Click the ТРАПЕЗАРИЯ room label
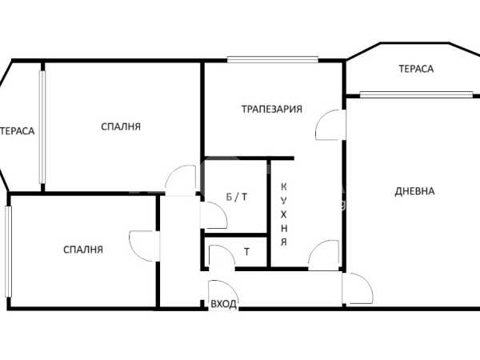pyautogui.click(x=272, y=109)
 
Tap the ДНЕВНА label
pyautogui.click(x=414, y=191)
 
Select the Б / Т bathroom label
pyautogui.click(x=237, y=197)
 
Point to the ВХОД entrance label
pyautogui.click(x=223, y=304)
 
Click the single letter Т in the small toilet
pyautogui.click(x=246, y=252)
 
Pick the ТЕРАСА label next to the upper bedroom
pyautogui.click(x=17, y=131)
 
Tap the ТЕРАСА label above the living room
pyautogui.click(x=416, y=69)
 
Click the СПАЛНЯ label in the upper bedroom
pyautogui.click(x=121, y=126)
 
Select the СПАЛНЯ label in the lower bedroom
pyautogui.click(x=83, y=250)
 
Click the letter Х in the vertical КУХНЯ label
pyautogui.click(x=284, y=214)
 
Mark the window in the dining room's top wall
pyautogui.click(x=273, y=59)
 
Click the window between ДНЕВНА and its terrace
pyautogui.click(x=416, y=94)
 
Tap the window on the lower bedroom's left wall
pyautogui.click(x=8, y=251)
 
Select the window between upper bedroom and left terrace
pyautogui.click(x=42, y=127)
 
